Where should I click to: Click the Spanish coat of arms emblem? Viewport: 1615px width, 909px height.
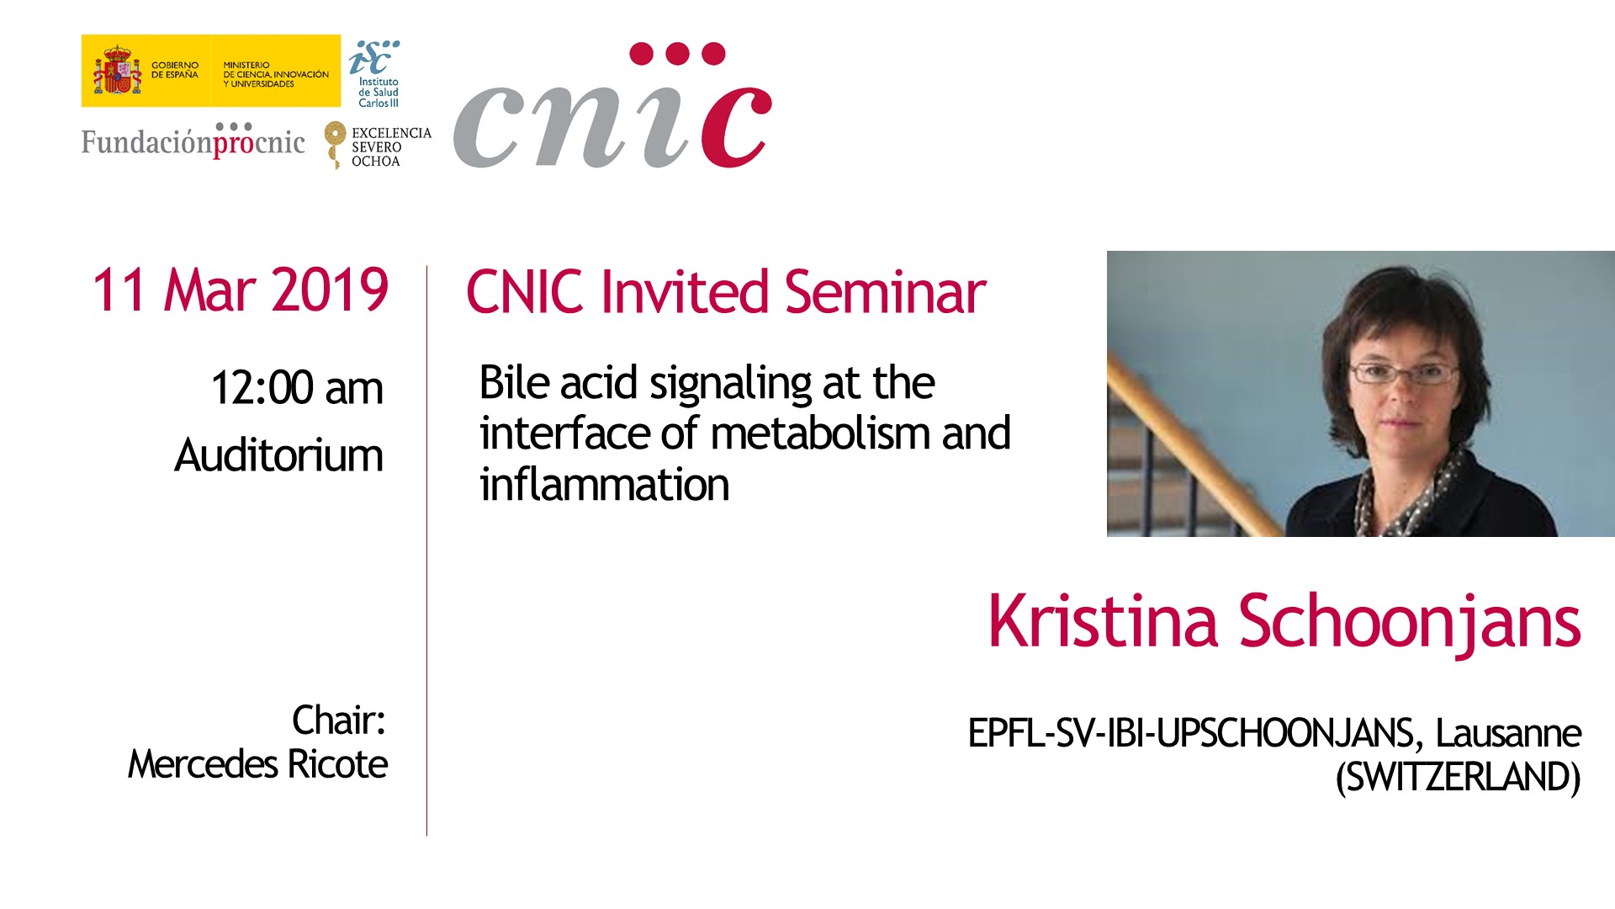tap(117, 71)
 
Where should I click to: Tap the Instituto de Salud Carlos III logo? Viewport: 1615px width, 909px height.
tap(375, 74)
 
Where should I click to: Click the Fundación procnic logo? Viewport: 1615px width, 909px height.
tap(193, 141)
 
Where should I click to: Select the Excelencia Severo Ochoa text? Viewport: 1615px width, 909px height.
tap(391, 147)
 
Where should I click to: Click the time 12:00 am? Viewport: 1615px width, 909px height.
tap(297, 388)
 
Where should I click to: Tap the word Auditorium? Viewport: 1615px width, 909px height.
tap(278, 455)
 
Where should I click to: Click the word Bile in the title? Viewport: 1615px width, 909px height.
tap(515, 382)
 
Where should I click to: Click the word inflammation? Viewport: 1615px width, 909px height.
tap(604, 485)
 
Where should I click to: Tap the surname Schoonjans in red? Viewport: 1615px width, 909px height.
tap(1410, 623)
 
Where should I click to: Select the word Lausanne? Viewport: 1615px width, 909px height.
tap(1508, 733)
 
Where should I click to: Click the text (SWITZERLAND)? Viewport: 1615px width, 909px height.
tap(1459, 777)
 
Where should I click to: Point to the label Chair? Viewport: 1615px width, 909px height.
tap(339, 720)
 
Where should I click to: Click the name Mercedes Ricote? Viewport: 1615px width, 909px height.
tap(257, 764)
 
